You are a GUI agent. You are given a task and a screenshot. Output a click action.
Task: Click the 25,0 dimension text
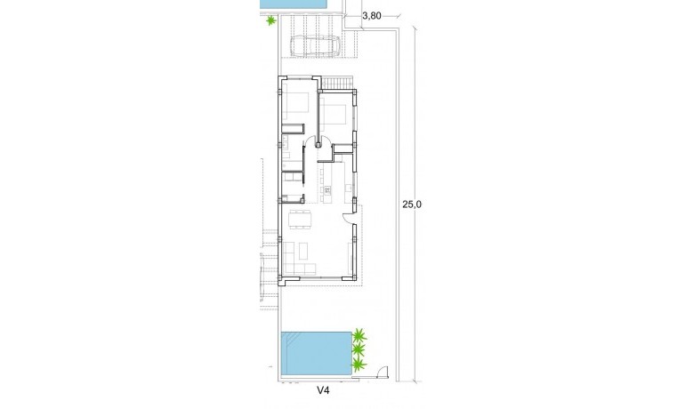[411, 204]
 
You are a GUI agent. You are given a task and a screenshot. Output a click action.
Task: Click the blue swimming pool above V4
[316, 352]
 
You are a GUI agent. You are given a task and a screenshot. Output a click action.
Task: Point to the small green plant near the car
[269, 21]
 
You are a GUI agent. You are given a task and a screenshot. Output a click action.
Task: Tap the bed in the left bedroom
[298, 105]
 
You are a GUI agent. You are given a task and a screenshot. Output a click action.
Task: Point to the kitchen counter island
[326, 190]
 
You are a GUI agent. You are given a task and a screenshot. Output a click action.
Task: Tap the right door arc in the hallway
[326, 142]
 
